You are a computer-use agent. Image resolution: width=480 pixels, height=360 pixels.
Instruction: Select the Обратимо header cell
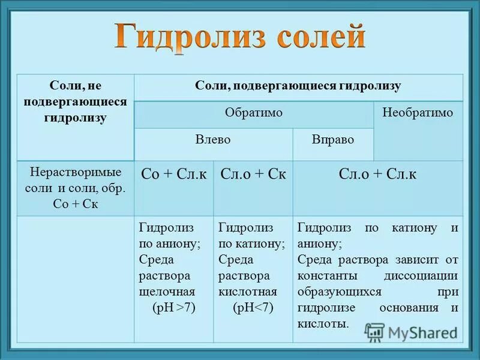253,113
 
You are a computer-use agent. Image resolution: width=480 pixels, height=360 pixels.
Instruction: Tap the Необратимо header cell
418,113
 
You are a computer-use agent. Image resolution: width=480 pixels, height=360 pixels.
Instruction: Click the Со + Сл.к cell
173,175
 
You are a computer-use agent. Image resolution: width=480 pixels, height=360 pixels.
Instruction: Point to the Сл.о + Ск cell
253,175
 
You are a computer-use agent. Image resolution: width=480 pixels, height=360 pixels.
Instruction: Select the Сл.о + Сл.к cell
377,175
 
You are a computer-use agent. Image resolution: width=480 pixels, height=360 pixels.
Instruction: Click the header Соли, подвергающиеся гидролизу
298,86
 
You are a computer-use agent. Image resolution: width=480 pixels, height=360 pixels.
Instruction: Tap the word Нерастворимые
75,172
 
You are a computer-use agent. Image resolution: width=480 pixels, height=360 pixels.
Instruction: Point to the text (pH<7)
253,308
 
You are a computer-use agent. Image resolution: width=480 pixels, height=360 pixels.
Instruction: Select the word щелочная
167,292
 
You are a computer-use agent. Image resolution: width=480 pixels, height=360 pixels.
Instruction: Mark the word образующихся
339,292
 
